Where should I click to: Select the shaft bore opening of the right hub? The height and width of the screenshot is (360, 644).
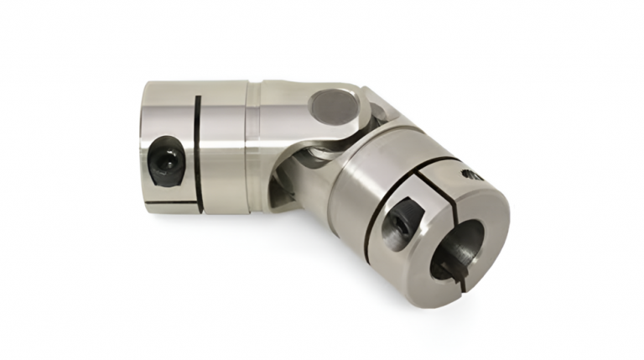pos(457,248)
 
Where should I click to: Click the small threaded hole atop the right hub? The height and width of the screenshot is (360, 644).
pos(469,175)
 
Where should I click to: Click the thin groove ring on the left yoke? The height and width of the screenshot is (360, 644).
pos(249,143)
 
